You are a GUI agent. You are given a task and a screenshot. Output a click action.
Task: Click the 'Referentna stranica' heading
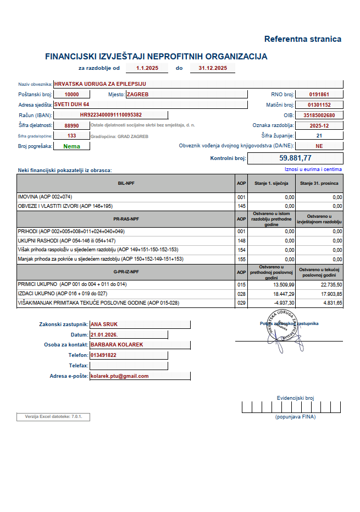pos(302,39)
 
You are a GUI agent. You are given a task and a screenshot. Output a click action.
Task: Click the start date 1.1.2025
pos(148,68)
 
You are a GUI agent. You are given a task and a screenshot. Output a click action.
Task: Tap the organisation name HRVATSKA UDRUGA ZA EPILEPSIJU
pos(100,84)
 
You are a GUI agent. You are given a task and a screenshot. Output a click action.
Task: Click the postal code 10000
pos(72,95)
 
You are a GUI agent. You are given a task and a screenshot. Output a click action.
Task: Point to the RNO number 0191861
pos(319,95)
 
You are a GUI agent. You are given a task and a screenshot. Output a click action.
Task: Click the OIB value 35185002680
pos(319,115)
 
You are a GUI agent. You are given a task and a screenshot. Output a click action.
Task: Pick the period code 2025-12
pos(319,125)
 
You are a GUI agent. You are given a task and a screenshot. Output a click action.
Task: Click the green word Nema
pos(72,146)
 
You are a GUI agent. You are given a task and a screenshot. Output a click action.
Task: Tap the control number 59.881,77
pos(295,158)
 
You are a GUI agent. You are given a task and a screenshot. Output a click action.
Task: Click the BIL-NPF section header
pos(126,183)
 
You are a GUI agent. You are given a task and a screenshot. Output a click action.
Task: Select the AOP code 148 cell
pos(241,240)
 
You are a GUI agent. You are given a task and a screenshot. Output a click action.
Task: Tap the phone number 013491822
pos(103,355)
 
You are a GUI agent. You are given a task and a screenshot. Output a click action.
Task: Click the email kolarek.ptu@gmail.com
pos(120,376)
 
